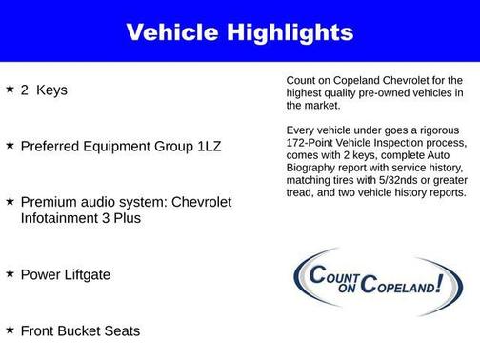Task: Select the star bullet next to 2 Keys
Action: [x=10, y=89]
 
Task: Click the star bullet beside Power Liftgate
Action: [x=10, y=273]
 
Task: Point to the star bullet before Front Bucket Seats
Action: [x=10, y=330]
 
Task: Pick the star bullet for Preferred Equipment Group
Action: [x=10, y=145]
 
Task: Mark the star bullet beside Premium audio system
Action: [x=10, y=201]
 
